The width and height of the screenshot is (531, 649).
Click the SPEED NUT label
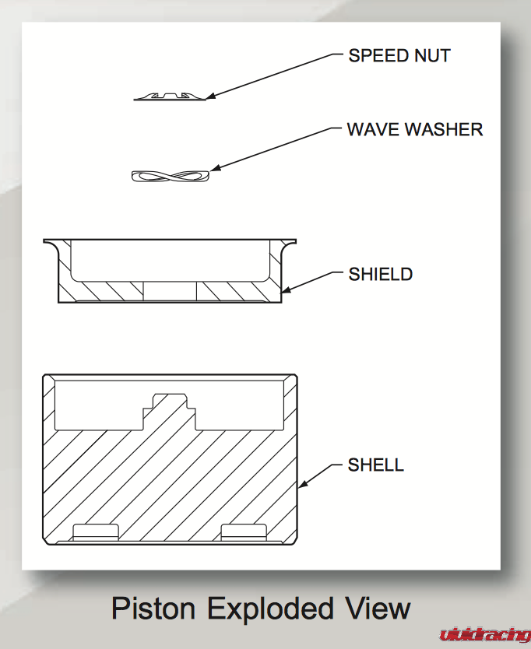[399, 56]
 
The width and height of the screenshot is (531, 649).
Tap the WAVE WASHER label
[414, 129]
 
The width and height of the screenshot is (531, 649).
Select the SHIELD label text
[380, 274]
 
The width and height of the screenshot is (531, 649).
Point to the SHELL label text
[376, 465]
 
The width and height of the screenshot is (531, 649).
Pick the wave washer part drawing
[171, 176]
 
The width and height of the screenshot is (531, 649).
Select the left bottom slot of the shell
[95, 531]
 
